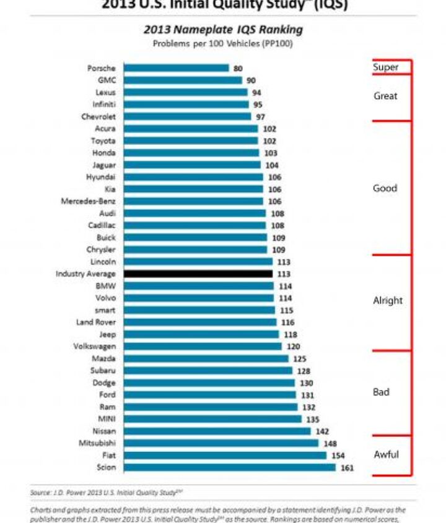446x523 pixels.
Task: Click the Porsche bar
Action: point(176,68)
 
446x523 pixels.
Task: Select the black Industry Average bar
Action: point(198,274)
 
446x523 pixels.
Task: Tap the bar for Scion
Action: point(229,467)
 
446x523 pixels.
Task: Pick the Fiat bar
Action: point(225,455)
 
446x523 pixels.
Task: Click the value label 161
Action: point(347,468)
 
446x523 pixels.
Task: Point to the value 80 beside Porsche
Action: point(238,68)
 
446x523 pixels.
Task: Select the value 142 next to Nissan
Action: point(322,431)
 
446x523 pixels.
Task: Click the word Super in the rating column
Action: point(385,67)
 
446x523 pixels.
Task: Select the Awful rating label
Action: point(386,455)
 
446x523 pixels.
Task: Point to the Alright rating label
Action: point(388,301)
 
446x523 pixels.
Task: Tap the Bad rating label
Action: point(381,392)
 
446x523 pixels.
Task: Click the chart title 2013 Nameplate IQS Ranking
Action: point(223,30)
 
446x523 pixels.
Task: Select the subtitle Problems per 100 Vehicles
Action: point(223,43)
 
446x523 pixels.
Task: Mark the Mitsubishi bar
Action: point(221,443)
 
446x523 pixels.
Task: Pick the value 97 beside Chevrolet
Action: point(260,116)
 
